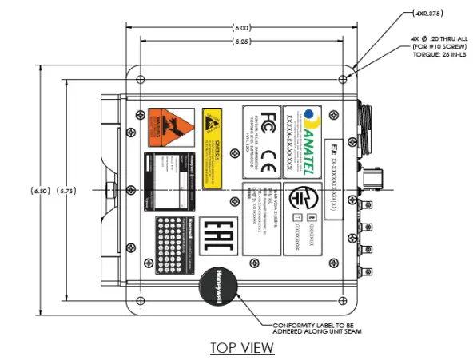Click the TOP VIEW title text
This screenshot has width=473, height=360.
(x=241, y=347)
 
